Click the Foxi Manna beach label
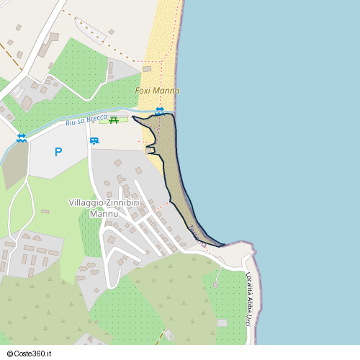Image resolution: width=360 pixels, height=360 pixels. [157, 91]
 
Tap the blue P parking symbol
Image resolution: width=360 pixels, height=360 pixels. [58, 152]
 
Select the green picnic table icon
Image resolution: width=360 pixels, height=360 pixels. [113, 119]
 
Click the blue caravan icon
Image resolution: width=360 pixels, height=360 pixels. [94, 140]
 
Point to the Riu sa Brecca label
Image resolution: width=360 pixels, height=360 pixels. [86, 120]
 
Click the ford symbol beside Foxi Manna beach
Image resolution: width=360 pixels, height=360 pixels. [159, 110]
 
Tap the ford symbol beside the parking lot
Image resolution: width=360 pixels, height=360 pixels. [22, 138]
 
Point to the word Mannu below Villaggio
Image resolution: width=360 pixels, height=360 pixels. [104, 213]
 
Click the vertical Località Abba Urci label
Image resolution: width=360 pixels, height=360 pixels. [249, 299]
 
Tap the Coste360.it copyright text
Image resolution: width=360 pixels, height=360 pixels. [30, 354]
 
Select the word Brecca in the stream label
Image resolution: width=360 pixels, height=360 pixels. [96, 118]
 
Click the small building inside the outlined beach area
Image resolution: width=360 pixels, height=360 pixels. [150, 149]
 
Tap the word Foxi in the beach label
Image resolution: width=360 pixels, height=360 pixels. [143, 91]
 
